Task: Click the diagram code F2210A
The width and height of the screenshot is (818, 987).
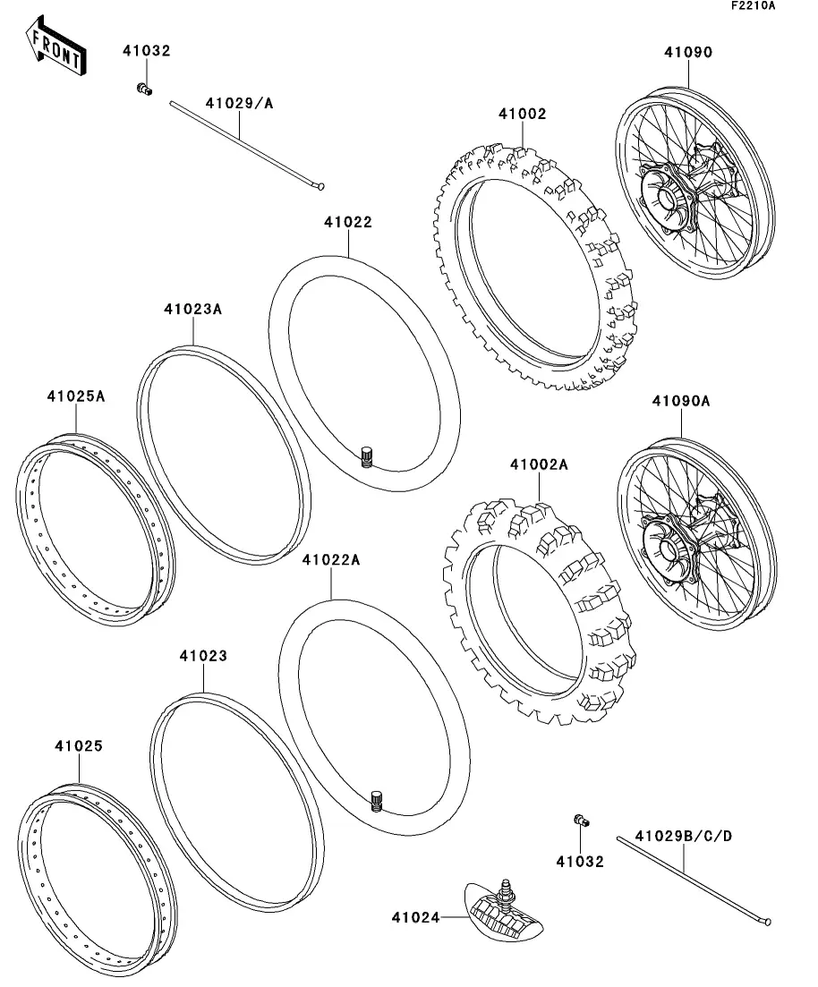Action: (x=753, y=6)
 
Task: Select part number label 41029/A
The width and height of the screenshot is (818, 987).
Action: (x=239, y=104)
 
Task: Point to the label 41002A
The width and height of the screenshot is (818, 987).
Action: (x=540, y=465)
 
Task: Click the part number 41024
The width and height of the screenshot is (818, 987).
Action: (x=414, y=916)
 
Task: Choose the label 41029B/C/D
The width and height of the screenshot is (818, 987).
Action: (x=684, y=836)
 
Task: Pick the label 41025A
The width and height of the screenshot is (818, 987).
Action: (x=76, y=395)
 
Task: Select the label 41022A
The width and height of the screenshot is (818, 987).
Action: (x=330, y=560)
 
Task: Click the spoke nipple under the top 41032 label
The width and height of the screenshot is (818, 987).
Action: (x=142, y=88)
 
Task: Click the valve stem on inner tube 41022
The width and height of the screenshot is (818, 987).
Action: (x=366, y=456)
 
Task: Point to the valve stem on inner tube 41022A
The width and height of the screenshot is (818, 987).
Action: (x=377, y=800)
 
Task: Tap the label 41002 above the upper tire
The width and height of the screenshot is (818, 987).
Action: (x=523, y=115)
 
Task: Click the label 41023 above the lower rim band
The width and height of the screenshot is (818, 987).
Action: (x=202, y=656)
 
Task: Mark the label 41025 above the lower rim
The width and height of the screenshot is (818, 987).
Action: (x=78, y=745)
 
